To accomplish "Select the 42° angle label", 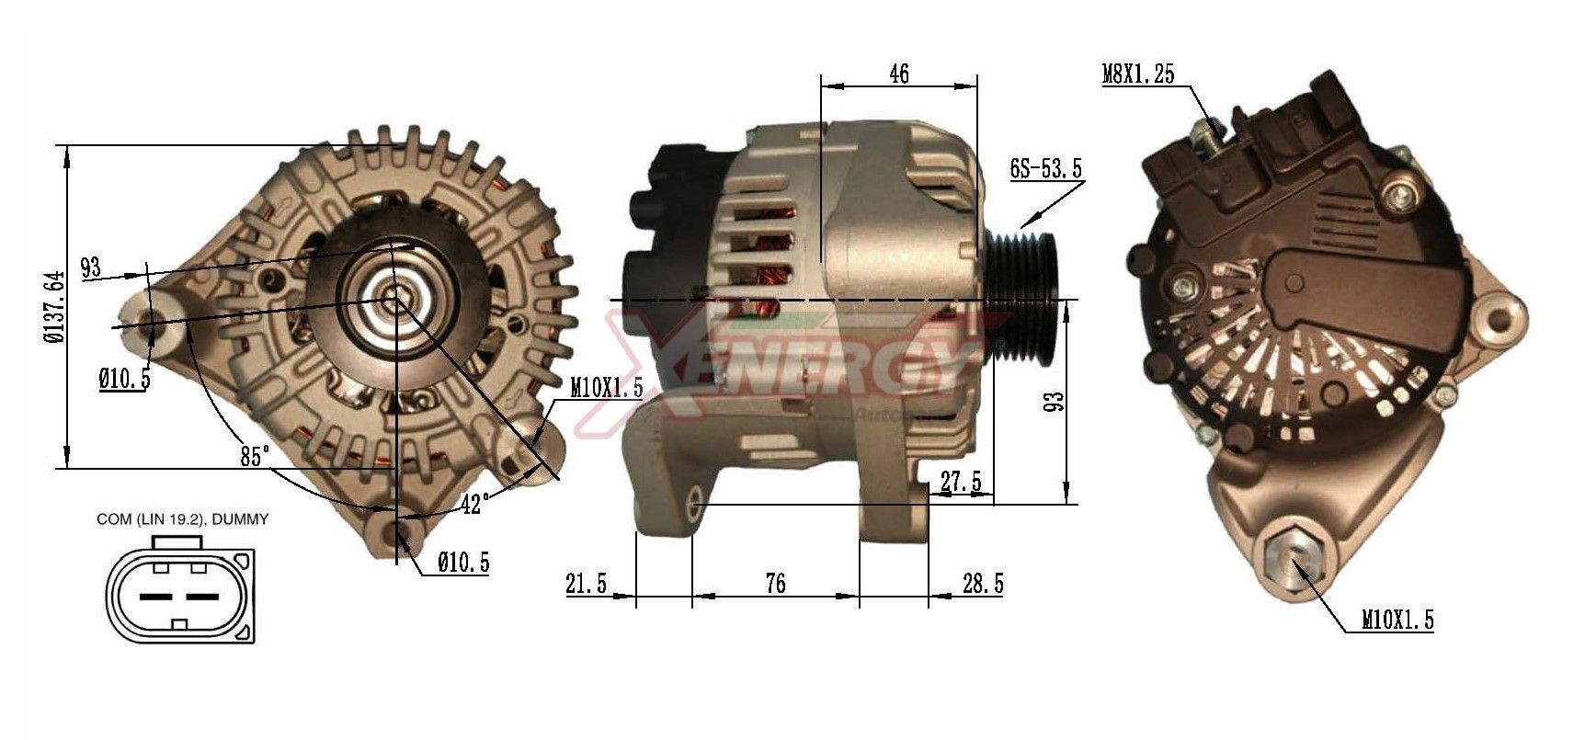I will [473, 504].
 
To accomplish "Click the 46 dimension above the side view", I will [899, 74].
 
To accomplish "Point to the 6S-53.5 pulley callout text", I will [1046, 168].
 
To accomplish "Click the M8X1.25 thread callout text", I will [1138, 74].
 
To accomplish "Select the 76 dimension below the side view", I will [775, 583].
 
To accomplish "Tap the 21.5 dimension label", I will [587, 583].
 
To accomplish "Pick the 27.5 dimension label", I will [960, 482].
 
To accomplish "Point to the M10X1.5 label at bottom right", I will [1397, 621].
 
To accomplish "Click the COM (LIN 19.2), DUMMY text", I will [182, 519].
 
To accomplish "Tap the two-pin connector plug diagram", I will [180, 594].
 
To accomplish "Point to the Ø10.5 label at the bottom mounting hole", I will [463, 563].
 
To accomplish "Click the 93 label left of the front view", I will [90, 268].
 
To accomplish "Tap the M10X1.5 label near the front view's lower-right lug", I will [606, 388].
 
